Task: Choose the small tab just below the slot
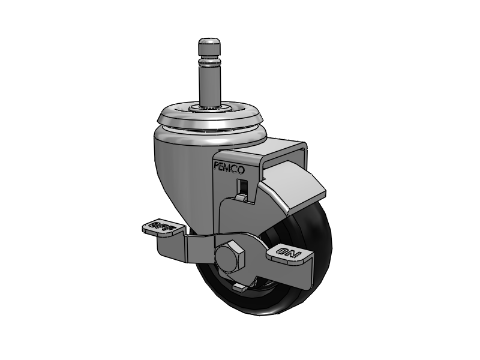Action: point(241,196)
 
